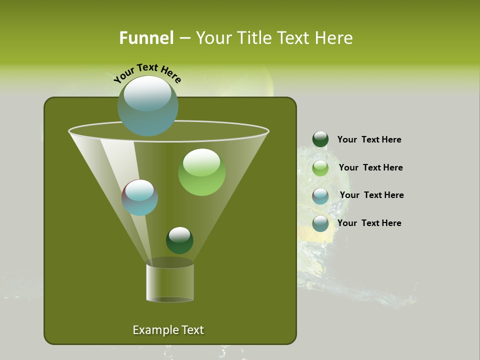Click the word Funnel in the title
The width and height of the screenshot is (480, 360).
pos(146,38)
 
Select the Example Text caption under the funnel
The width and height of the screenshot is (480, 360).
pos(168,330)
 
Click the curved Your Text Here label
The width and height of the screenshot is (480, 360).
pos(147,73)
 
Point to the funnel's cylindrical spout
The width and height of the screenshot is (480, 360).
pos(169,282)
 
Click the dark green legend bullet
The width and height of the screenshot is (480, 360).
pos(320,139)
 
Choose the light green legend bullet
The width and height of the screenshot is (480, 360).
pos(320,167)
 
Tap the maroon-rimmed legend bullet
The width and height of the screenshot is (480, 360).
pos(320,195)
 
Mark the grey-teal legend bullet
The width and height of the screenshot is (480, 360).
pos(320,223)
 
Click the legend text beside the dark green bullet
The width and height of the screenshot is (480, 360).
pos(369,139)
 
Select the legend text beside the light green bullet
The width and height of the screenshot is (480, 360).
pos(370,167)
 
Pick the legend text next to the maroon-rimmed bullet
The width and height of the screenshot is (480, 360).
pos(371,195)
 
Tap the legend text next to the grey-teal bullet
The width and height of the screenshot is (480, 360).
pos(369,223)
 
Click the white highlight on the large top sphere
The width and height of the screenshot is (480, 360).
pos(147,93)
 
